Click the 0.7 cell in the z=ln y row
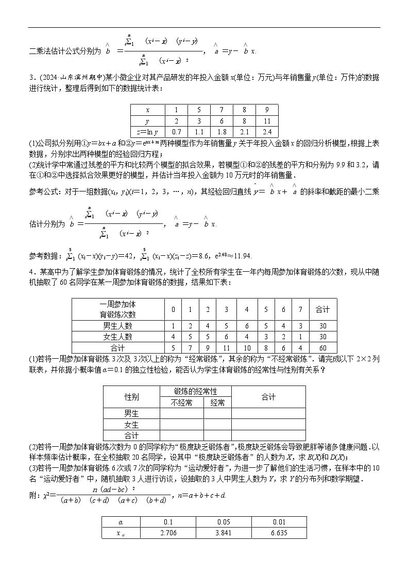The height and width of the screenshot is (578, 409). [176, 131]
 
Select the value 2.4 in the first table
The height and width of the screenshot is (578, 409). [267, 131]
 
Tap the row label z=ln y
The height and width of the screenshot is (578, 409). [147, 131]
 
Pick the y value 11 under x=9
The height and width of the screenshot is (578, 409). [267, 120]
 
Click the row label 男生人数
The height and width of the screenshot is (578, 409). [117, 325]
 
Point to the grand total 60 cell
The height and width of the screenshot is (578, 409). [322, 348]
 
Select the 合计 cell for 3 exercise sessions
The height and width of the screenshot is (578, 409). [226, 348]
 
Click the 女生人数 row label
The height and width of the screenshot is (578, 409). [117, 337]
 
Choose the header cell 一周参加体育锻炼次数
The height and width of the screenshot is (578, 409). [117, 309]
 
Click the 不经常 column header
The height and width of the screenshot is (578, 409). [181, 403]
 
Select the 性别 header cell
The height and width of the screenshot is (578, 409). [131, 397]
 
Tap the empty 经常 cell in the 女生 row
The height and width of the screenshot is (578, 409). [217, 425]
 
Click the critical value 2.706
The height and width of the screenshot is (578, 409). [168, 533]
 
